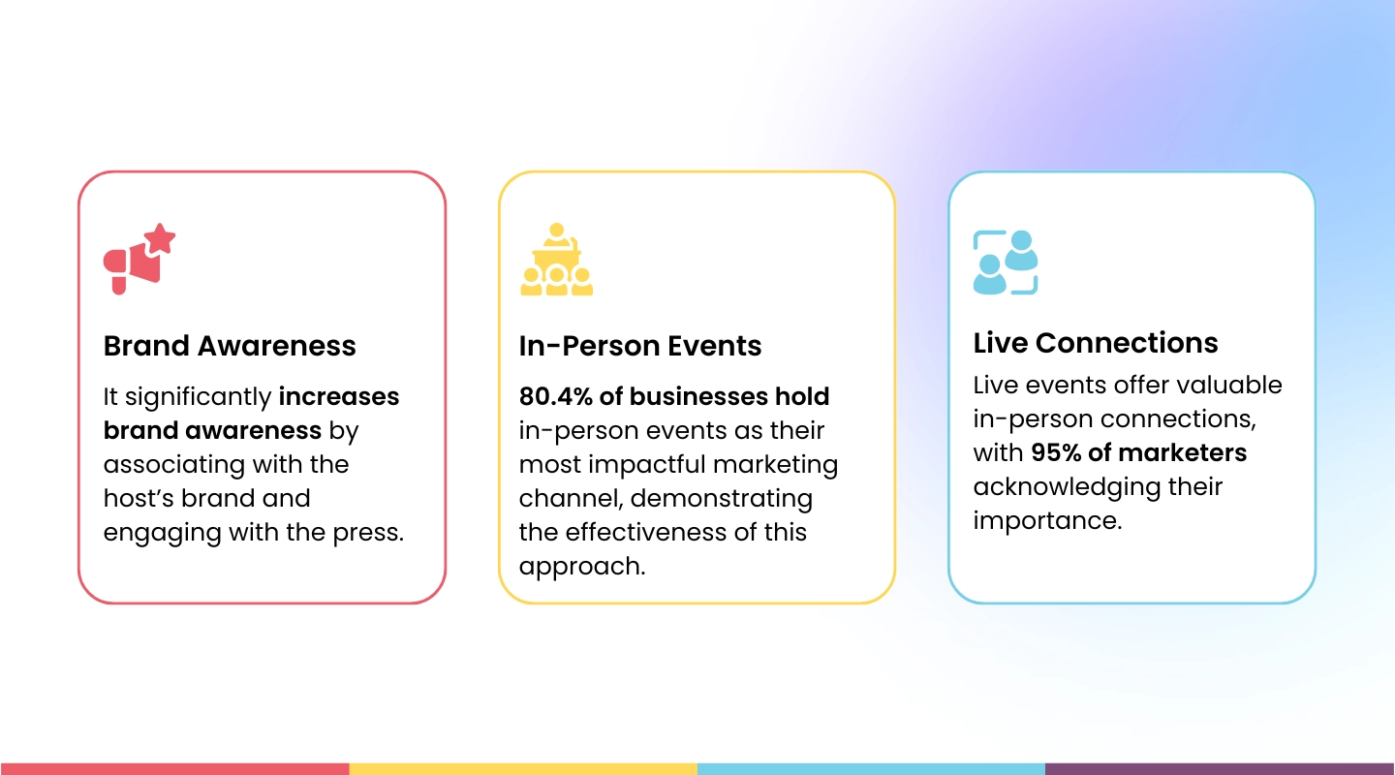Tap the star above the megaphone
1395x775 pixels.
point(160,238)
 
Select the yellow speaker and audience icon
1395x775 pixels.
point(556,260)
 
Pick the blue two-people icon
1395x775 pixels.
point(1005,262)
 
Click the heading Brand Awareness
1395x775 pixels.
point(230,346)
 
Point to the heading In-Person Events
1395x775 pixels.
point(640,346)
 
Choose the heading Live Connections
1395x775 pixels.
point(1096,343)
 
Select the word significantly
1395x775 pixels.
point(199,397)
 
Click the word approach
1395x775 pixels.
point(580,567)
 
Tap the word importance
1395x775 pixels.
point(1045,520)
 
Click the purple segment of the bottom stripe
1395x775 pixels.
point(1220,768)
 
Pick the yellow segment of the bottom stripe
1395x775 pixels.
point(523,768)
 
